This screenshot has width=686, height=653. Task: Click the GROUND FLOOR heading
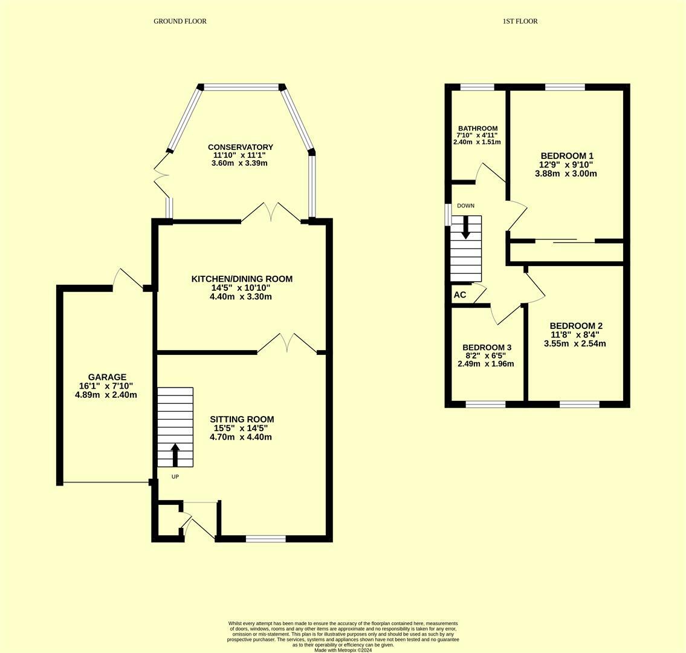180,21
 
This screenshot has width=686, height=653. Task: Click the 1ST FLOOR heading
520,21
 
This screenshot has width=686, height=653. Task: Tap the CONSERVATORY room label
241,147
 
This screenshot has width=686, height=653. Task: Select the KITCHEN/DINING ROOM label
242,279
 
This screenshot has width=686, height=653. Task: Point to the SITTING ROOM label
242,419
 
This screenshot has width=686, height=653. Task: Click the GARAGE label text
107,377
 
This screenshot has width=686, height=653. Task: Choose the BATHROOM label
477,128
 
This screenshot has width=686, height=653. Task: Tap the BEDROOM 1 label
567,155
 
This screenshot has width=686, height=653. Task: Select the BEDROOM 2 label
575,326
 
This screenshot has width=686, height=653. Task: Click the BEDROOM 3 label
487,347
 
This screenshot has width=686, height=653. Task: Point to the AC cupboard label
460,295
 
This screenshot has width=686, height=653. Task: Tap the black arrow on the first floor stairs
465,227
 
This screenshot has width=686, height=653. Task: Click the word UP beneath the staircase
175,477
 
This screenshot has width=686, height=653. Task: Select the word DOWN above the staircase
465,206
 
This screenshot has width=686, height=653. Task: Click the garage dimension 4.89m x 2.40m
106,395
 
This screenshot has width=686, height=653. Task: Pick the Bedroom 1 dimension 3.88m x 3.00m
566,174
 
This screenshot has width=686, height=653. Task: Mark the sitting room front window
266,538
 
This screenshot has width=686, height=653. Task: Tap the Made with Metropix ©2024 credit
343,650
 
